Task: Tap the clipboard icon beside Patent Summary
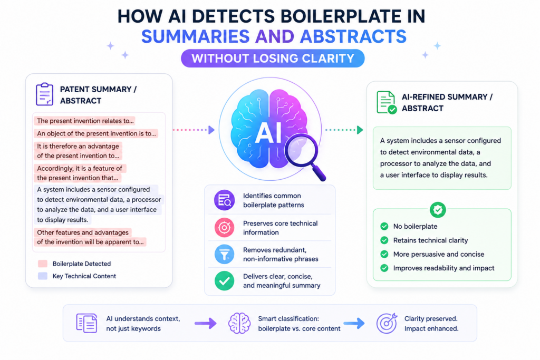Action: tap(44, 94)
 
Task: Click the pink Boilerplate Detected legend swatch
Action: tap(43, 264)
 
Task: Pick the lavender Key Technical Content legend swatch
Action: tap(43, 276)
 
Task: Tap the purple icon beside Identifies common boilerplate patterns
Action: tap(224, 200)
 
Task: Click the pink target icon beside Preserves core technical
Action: tap(224, 228)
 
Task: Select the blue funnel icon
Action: tap(224, 254)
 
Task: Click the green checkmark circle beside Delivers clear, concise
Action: tap(224, 281)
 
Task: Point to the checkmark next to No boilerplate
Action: tap(384, 226)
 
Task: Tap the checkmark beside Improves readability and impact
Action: tap(384, 268)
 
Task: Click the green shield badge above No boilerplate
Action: tap(438, 210)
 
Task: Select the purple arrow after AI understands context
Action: tap(206, 323)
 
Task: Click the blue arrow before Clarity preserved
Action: tap(354, 323)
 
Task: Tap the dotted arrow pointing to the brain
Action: tap(194, 130)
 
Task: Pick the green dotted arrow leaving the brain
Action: tap(344, 130)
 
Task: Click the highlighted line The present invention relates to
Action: tap(85, 121)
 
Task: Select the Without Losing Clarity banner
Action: tap(273, 58)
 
